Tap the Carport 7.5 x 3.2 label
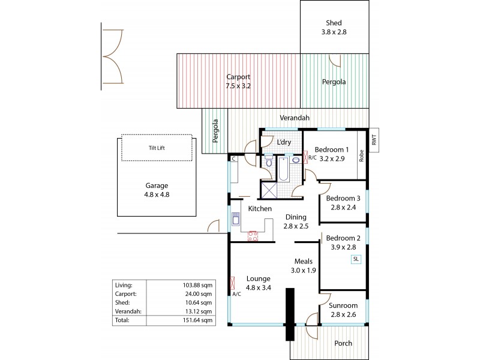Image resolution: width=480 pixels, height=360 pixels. pyautogui.click(x=238, y=82)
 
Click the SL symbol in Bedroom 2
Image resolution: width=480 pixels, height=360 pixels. pyautogui.click(x=356, y=259)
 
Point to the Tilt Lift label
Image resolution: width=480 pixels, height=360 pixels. pyautogui.click(x=157, y=147)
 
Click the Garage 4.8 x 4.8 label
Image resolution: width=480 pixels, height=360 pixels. pyautogui.click(x=157, y=190)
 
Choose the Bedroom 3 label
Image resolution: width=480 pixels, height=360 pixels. pyautogui.click(x=343, y=203)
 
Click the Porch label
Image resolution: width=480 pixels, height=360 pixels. pyautogui.click(x=344, y=343)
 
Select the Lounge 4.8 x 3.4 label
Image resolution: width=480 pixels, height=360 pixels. pyautogui.click(x=259, y=283)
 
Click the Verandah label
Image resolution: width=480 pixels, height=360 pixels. pyautogui.click(x=295, y=118)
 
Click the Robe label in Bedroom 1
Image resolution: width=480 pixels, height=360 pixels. pyautogui.click(x=361, y=156)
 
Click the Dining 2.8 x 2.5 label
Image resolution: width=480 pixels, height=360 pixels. pyautogui.click(x=296, y=221)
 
